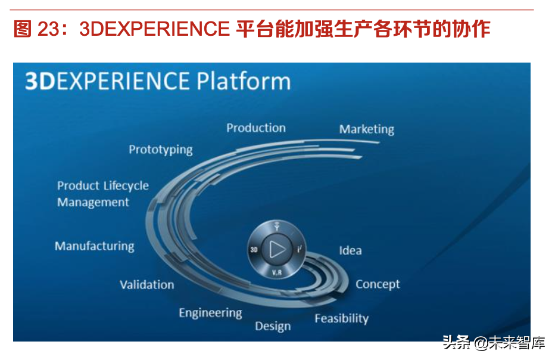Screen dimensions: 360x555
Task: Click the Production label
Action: [256, 128]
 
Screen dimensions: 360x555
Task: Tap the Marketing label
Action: [366, 129]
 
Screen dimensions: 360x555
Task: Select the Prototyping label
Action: [161, 150]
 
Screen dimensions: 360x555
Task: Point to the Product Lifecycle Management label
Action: [102, 194]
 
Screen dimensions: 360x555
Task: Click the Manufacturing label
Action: [94, 246]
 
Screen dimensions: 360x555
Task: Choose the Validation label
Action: [146, 285]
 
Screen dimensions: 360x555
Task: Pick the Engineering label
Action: [210, 313]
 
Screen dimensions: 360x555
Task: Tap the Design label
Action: [273, 326]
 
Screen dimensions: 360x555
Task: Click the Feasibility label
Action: [341, 318]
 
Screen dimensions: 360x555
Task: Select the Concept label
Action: [378, 284]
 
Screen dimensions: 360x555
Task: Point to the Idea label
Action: [350, 250]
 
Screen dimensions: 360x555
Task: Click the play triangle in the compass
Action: [277, 249]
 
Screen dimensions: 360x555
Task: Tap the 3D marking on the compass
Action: [254, 250]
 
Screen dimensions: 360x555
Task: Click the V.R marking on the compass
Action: [277, 272]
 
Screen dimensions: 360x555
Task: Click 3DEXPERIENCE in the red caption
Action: [154, 29]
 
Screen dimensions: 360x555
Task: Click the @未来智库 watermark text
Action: [510, 343]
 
